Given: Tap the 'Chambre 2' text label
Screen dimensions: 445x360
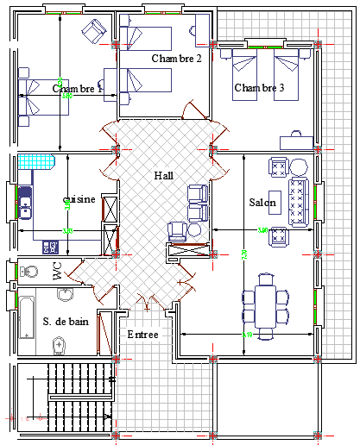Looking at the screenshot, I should pyautogui.click(x=176, y=59).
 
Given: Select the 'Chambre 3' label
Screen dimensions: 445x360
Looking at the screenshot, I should pyautogui.click(x=259, y=88).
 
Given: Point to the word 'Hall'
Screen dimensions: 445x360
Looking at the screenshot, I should pyautogui.click(x=163, y=175).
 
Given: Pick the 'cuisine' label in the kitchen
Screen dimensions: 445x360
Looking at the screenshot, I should pyautogui.click(x=79, y=199).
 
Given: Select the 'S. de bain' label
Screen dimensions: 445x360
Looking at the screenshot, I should pyautogui.click(x=66, y=322).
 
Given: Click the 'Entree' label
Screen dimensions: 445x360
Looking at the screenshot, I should pyautogui.click(x=142, y=334).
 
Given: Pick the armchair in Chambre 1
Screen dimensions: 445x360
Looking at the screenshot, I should pyautogui.click(x=92, y=34).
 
